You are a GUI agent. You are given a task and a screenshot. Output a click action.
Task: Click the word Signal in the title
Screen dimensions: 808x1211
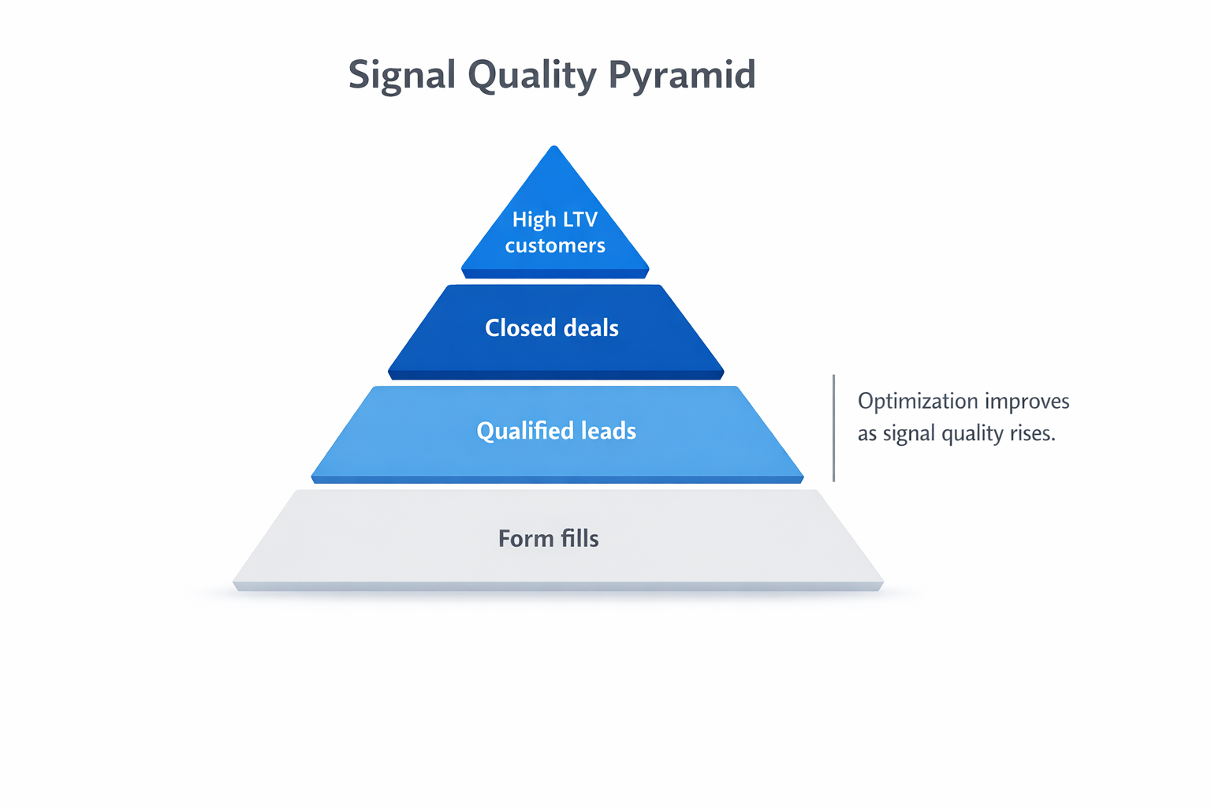[x=402, y=76]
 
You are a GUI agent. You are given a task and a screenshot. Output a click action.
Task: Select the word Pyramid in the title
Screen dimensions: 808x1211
[x=682, y=76]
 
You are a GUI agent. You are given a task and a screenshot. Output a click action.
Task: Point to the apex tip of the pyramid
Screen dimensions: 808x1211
[x=555, y=148]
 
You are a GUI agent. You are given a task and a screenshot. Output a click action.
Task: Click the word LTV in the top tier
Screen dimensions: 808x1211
[x=580, y=219]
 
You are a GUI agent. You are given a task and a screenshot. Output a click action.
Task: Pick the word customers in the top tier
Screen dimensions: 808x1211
[x=555, y=245]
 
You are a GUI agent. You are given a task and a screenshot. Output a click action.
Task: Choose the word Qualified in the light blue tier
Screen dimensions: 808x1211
[x=524, y=431]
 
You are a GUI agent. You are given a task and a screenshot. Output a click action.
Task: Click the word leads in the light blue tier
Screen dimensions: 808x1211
[x=608, y=431]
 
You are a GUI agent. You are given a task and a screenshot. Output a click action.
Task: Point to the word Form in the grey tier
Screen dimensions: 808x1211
[x=526, y=538]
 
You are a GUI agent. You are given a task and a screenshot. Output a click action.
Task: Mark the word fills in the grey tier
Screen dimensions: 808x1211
[x=579, y=538]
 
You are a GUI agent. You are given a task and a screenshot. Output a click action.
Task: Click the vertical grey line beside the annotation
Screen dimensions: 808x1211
[x=833, y=428]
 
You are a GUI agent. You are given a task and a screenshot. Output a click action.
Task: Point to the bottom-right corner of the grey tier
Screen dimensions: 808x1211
[x=882, y=585]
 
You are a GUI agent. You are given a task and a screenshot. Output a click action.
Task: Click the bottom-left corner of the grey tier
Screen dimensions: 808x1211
[x=234, y=585]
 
